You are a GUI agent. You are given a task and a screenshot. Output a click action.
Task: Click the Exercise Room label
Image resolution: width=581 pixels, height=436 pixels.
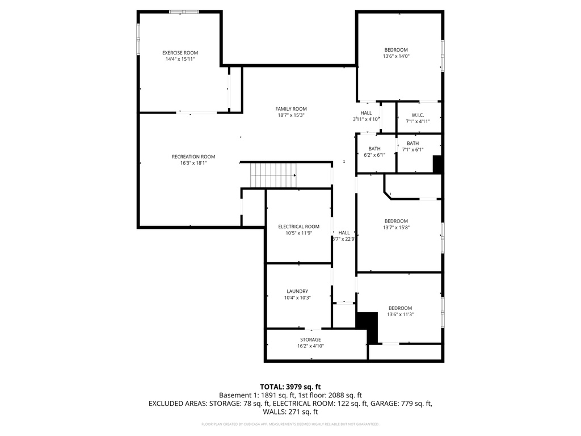coord(180,53)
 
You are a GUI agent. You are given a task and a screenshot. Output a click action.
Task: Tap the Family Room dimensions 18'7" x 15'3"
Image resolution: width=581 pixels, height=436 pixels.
coord(291,115)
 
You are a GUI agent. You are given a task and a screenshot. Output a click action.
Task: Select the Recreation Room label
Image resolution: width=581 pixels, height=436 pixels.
coord(193,157)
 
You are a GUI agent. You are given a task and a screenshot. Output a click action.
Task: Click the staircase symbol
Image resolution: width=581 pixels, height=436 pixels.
coord(273,174)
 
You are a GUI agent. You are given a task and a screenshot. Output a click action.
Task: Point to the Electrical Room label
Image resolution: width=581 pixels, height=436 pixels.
coord(298,227)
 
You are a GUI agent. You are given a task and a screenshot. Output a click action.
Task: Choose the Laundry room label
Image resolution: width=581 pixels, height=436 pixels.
coord(297,291)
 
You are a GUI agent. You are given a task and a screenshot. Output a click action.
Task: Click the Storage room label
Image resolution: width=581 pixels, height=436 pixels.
coord(310,339)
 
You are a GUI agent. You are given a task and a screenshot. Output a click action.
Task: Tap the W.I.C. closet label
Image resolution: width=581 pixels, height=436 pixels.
coord(418,115)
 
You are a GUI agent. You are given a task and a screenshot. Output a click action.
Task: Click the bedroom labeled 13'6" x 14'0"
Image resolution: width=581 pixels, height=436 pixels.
coord(395,50)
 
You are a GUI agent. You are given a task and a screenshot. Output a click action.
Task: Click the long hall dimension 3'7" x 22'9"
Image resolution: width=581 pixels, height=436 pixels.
coord(344,239)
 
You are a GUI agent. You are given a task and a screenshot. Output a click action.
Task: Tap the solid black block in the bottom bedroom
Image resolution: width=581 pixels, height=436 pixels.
coord(369,325)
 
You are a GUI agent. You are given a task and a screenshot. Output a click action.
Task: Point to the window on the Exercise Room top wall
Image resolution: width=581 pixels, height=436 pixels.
coord(184,11)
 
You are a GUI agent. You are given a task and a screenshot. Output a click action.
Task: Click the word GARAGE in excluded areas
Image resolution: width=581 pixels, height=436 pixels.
coord(384,404)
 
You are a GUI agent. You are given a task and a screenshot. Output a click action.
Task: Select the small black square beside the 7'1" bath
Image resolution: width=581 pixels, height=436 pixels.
coord(437,164)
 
